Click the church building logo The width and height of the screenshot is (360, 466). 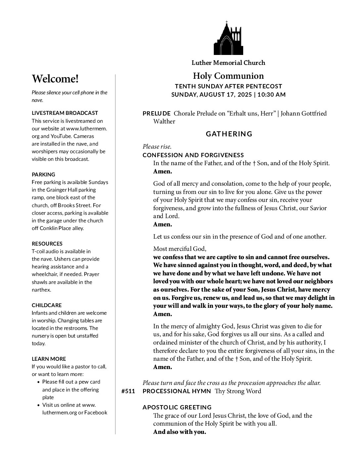228,38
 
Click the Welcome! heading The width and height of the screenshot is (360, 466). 55,79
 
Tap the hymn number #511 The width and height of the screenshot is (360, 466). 128,392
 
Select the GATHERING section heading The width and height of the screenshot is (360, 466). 229,134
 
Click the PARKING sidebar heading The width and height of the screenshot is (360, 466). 43,174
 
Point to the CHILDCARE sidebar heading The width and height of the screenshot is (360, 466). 47,305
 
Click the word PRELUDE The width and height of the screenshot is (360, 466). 157,114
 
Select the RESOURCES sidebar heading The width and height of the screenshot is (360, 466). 47,244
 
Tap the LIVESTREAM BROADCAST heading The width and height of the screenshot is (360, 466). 65,113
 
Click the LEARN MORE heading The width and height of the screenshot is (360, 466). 49,359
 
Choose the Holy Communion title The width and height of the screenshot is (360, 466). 228,76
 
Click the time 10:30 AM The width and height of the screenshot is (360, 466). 271,95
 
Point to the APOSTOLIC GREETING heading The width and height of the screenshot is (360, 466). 177,407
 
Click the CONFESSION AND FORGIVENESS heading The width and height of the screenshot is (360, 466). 193,155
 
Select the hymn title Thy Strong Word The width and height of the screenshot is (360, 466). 238,391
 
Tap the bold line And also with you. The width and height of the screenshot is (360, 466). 179,432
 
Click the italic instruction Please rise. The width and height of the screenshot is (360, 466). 157,147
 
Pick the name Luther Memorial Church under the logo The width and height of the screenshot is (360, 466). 228,63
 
